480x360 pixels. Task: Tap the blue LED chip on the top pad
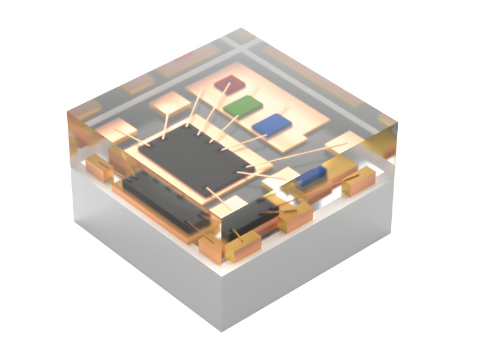[x=272, y=124]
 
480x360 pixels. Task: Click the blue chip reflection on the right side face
[x=312, y=176]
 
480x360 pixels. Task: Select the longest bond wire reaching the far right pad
[x=300, y=155]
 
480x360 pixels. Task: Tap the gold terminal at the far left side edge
[x=98, y=169]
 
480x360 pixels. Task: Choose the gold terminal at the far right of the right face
[x=359, y=181]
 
